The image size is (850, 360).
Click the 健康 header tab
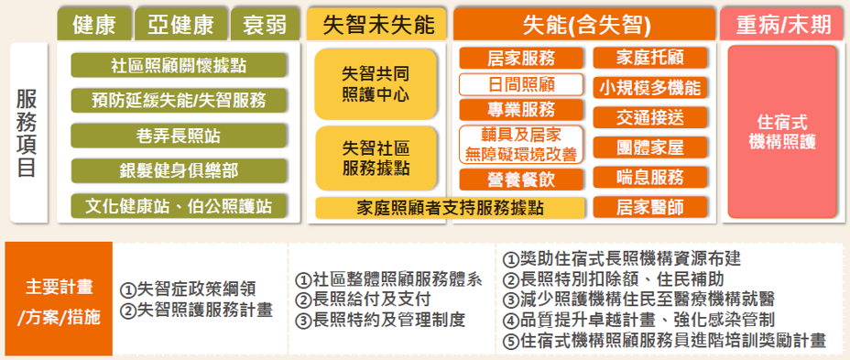coord(93,25)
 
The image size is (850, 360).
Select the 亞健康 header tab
coord(181,25)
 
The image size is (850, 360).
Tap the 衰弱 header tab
coord(265,25)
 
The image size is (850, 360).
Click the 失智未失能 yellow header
coord(377,25)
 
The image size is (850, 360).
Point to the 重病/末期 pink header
coord(783,25)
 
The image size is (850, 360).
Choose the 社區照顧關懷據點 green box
coord(179,66)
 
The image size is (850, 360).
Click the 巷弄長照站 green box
coord(179,136)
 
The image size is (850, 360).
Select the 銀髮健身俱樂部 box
coord(179,170)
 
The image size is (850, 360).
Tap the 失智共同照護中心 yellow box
coord(376,84)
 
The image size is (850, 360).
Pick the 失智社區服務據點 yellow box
coord(376,158)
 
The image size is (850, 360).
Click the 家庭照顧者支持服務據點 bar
coord(450,208)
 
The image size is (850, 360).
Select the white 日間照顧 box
coord(521,84)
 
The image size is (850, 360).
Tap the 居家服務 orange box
coord(521,58)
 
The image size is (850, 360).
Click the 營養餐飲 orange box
coord(521,180)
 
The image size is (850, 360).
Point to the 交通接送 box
coord(650,117)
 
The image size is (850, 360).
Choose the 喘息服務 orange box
coord(650,177)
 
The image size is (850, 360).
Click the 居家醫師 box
coord(650,207)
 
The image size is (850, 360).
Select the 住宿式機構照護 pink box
coord(782,132)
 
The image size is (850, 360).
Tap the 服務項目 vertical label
coord(27,133)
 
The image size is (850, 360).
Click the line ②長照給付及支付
coord(363,300)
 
